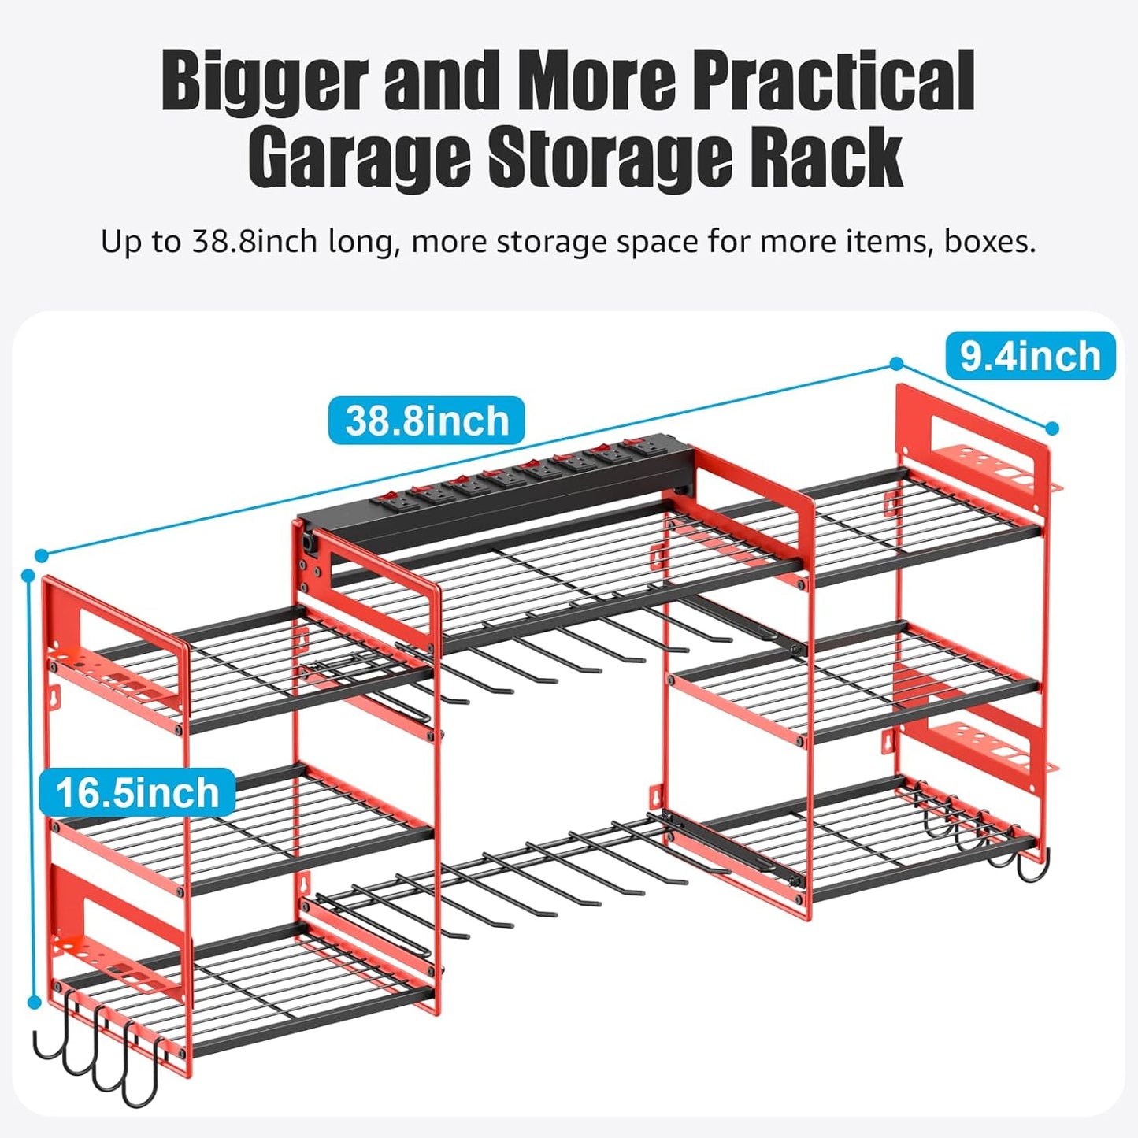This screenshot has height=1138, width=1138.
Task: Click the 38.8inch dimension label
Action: coord(426,421)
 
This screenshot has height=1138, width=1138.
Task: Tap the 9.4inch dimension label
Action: coord(1030,356)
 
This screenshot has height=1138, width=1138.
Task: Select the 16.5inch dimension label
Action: coord(137,792)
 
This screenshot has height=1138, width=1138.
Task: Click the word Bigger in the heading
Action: coord(265,80)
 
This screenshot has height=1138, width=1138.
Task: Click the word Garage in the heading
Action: coord(358,158)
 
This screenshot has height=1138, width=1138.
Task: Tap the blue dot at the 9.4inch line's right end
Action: coord(1052,428)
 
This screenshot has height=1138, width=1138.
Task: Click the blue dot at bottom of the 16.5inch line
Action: coord(34,1003)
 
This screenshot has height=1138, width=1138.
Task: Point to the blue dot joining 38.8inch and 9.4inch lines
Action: coord(896,363)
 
